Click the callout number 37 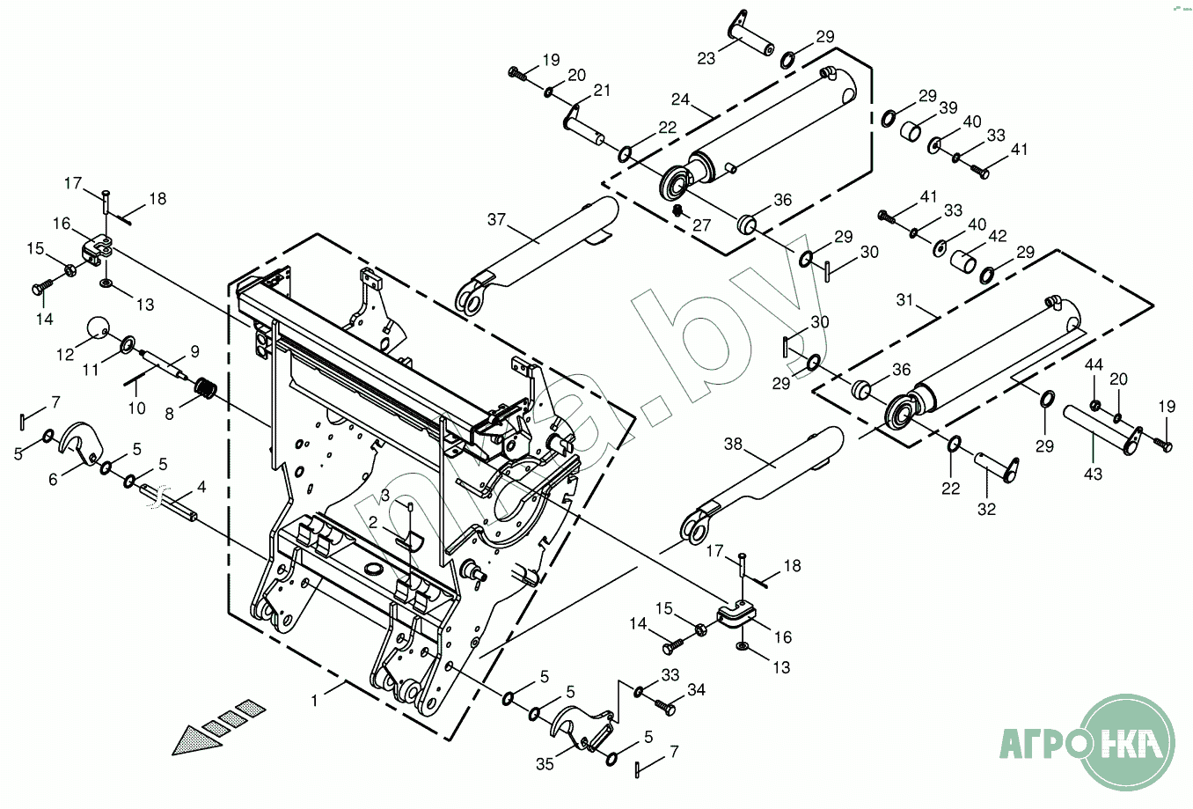(x=496, y=219)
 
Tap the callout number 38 (x=733, y=444)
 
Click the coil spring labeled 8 (x=206, y=387)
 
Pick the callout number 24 (x=680, y=99)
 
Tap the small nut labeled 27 (x=678, y=210)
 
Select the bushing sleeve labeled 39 (x=911, y=132)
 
